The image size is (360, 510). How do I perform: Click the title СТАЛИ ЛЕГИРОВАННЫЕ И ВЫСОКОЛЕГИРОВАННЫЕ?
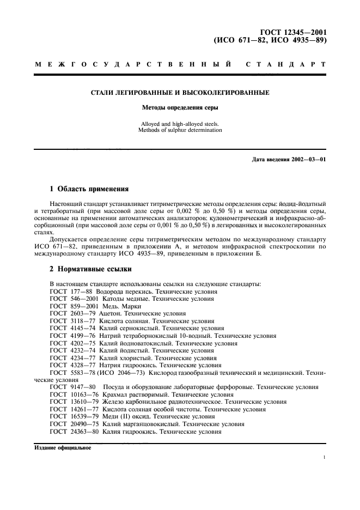pos(180,93)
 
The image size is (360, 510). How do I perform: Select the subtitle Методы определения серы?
pos(180,108)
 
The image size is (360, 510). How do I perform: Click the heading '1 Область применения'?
pos(89,189)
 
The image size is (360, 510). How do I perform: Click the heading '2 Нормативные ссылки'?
pos(90,269)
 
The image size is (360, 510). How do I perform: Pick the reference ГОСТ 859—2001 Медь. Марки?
pos(95,306)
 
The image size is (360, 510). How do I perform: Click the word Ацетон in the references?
pos(112,314)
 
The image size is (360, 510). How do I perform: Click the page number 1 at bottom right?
pos(324,459)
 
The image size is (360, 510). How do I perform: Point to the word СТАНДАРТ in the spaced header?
pos(286,65)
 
